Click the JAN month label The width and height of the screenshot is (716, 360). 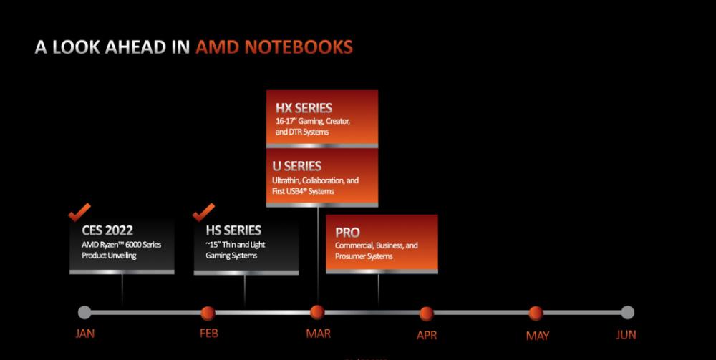click(85, 334)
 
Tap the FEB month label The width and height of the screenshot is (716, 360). click(209, 334)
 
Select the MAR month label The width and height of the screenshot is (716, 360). click(319, 334)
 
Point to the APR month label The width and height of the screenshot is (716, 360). click(427, 336)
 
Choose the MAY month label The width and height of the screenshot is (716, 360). click(538, 336)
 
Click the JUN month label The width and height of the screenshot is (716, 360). click(626, 334)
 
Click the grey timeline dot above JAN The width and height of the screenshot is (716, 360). click(84, 313)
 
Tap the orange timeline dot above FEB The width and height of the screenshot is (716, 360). click(208, 313)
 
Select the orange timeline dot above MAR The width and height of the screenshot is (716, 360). click(317, 313)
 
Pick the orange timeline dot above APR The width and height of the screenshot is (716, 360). click(427, 314)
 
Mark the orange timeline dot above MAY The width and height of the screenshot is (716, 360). click(536, 313)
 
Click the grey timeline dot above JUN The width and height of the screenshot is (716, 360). click(628, 313)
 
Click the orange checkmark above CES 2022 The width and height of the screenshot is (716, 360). click(79, 212)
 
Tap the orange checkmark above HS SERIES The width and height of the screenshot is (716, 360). click(203, 212)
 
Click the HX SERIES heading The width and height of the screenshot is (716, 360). click(304, 108)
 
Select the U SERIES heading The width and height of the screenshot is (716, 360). click(297, 166)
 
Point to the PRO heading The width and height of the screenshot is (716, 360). click(347, 233)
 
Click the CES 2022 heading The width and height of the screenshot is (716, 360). click(107, 230)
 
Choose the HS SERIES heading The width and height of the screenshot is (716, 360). click(233, 230)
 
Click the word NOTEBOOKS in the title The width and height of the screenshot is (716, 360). click(299, 47)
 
